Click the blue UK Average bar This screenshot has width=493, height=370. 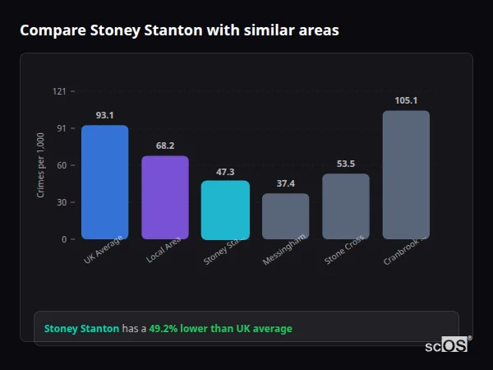click(104, 183)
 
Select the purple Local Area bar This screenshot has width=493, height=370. click(165, 197)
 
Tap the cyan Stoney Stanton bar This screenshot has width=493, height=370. click(225, 210)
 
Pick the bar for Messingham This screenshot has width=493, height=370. click(285, 216)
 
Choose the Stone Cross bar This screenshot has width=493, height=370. click(346, 206)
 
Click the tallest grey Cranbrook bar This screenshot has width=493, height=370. click(406, 175)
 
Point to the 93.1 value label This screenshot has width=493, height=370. click(104, 115)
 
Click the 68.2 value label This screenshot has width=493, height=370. click(165, 146)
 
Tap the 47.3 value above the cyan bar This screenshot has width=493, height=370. click(225, 172)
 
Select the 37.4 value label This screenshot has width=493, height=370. click(285, 183)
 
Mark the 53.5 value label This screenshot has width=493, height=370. click(346, 164)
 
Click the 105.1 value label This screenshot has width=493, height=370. click(406, 100)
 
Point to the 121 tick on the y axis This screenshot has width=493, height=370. click(59, 91)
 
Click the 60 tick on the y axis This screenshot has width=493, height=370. click(61, 165)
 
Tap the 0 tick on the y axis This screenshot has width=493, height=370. click(63, 239)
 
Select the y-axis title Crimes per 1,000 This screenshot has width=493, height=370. click(41, 165)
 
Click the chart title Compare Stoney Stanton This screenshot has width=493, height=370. click(179, 30)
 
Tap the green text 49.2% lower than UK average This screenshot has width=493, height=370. click(220, 329)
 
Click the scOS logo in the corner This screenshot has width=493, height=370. click(447, 345)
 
